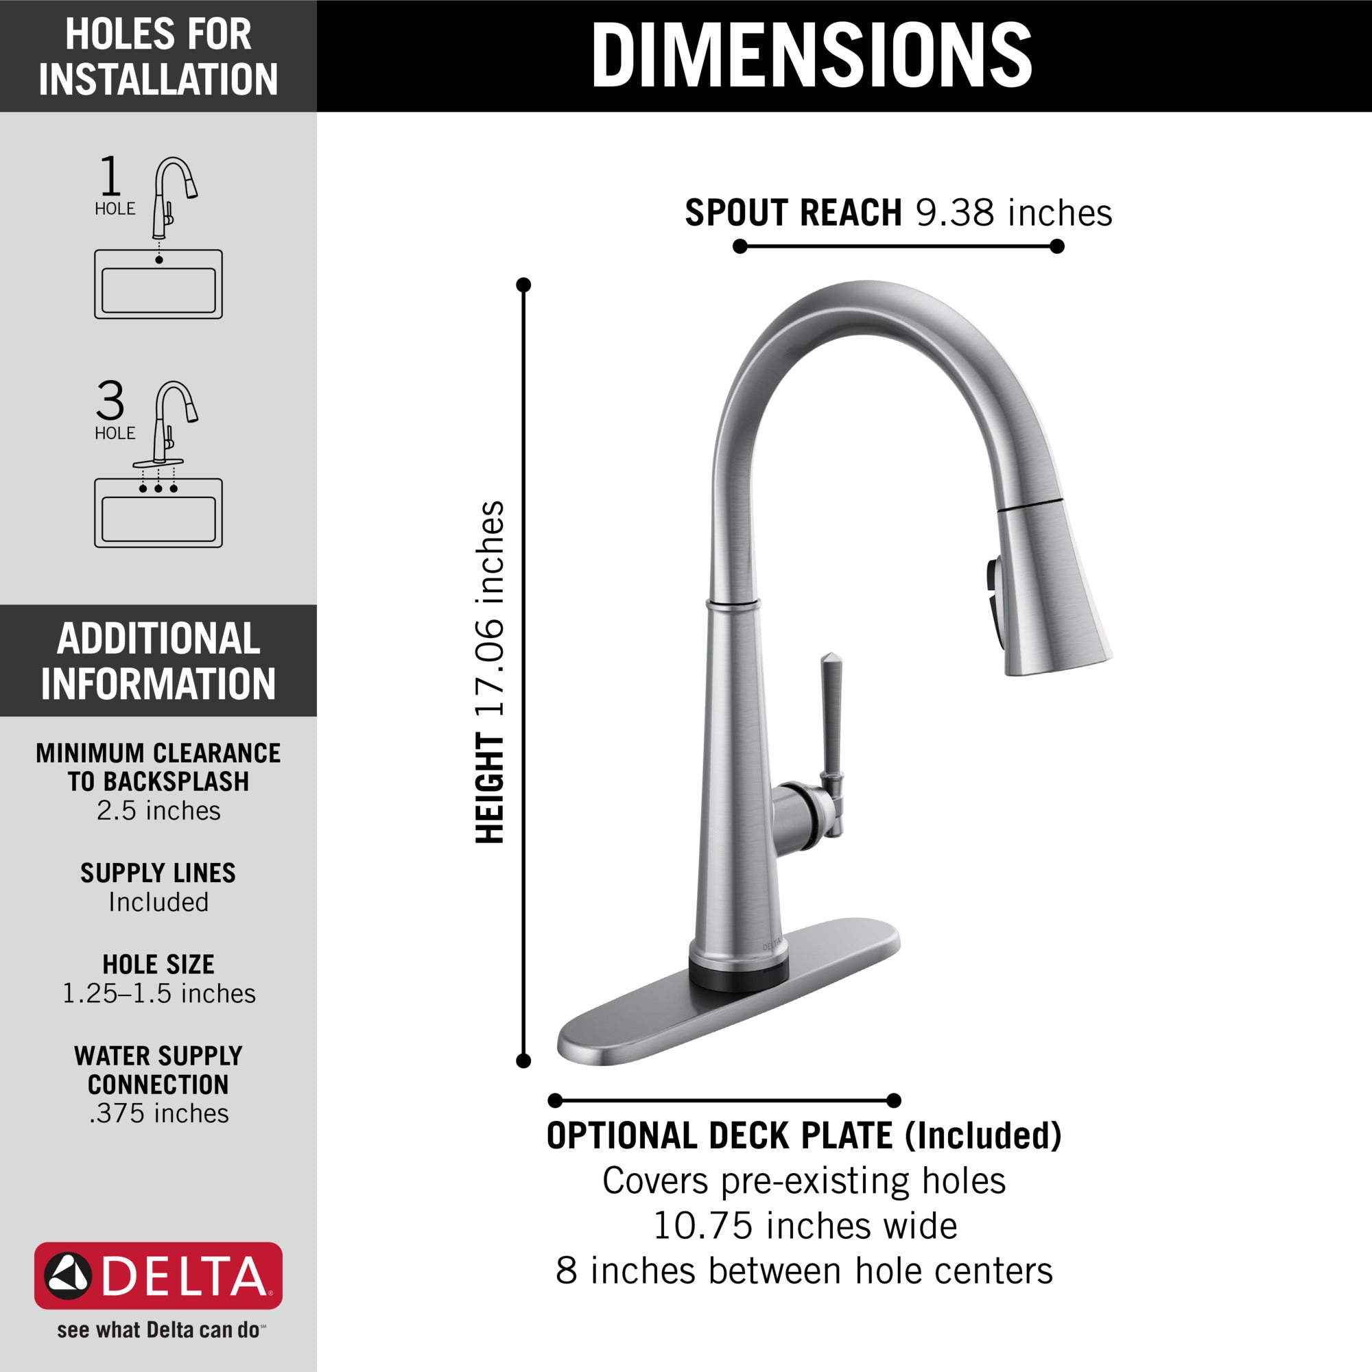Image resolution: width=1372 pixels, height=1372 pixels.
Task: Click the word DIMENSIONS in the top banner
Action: (x=811, y=56)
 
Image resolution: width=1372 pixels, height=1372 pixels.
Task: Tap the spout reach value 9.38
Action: (x=954, y=213)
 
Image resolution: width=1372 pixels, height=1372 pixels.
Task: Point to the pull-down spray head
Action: (x=1051, y=589)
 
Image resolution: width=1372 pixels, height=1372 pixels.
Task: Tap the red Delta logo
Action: (x=158, y=1275)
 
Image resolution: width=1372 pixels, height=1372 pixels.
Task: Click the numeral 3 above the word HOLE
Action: (x=110, y=401)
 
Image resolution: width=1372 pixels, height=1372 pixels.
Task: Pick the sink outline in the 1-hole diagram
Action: (x=158, y=284)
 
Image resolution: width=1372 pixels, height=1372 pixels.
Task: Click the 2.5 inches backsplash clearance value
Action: (x=158, y=810)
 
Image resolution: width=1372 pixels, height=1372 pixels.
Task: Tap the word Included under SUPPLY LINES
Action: (x=158, y=902)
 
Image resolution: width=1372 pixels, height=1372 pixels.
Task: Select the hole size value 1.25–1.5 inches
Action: (x=158, y=993)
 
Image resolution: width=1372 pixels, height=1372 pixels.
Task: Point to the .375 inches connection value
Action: (x=158, y=1113)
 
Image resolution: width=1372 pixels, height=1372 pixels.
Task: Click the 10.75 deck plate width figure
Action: (x=702, y=1225)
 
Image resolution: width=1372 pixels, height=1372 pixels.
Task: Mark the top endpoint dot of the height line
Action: (x=523, y=285)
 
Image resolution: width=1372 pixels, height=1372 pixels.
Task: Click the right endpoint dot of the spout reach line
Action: (x=1056, y=246)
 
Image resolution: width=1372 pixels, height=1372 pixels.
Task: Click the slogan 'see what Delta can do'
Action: (x=158, y=1329)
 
